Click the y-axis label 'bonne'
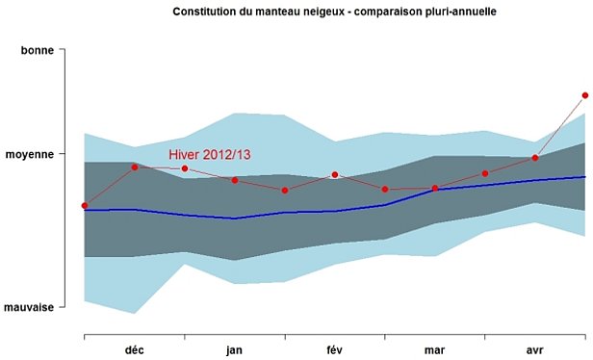(38, 48)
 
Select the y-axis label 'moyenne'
(31, 153)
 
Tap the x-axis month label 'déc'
(135, 350)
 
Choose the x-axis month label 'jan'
(235, 350)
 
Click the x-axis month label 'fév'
(335, 350)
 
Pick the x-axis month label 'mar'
(435, 350)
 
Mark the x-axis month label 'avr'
(535, 350)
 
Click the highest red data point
(585, 95)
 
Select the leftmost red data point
(85, 205)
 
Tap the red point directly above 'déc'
(135, 167)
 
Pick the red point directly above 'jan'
(235, 180)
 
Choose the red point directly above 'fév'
(335, 174)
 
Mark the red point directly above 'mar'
(435, 189)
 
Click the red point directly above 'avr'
(535, 158)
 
